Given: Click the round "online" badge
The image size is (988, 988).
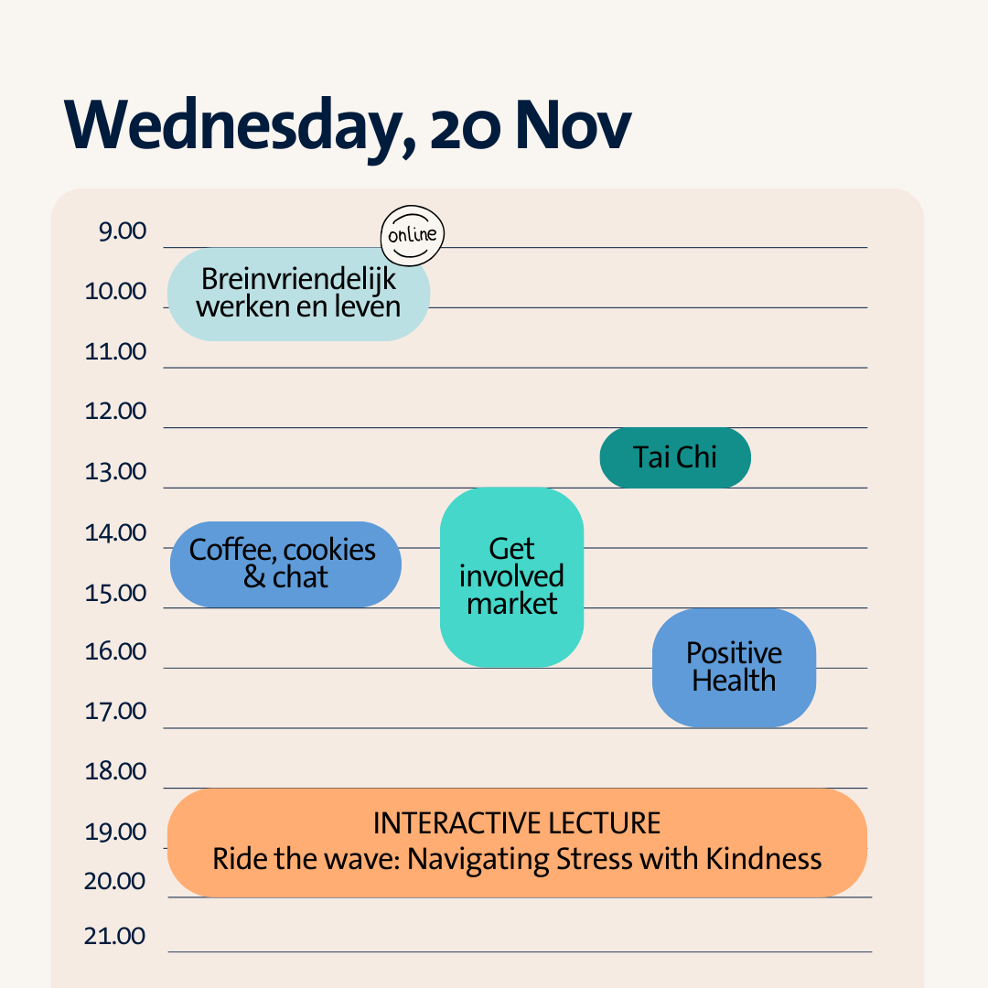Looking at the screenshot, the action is coord(412,236).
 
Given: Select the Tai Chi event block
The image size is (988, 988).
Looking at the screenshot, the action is coord(675,457).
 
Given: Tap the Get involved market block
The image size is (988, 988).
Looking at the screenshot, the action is coord(511,577).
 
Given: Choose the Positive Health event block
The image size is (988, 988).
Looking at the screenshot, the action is coord(734,668).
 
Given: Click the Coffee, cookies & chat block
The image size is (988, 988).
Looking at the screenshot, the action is coord(285,564).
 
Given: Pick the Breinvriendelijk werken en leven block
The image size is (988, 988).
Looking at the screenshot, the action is coord(298,295).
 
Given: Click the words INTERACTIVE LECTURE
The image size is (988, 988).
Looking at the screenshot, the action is coord(517,823).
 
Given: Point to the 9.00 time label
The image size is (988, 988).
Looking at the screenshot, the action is coord(123,231).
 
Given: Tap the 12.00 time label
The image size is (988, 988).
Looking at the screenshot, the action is coord(115,411).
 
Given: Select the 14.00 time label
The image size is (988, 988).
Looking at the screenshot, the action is coord(115,533).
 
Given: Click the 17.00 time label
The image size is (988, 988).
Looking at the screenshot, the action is coord(115,712).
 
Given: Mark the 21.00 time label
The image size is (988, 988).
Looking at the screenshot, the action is coord(114,937).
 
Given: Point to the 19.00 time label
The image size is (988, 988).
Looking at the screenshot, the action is coord(115,832).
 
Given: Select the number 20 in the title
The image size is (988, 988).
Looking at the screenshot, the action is coord(466,129).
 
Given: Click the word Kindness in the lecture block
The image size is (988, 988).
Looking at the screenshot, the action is coord(763,859).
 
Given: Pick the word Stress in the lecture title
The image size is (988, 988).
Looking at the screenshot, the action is coord(596,859).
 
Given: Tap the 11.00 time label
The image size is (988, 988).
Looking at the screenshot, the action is coord(115,351).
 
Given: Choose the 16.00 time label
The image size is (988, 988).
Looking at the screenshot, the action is coord(115,651).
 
